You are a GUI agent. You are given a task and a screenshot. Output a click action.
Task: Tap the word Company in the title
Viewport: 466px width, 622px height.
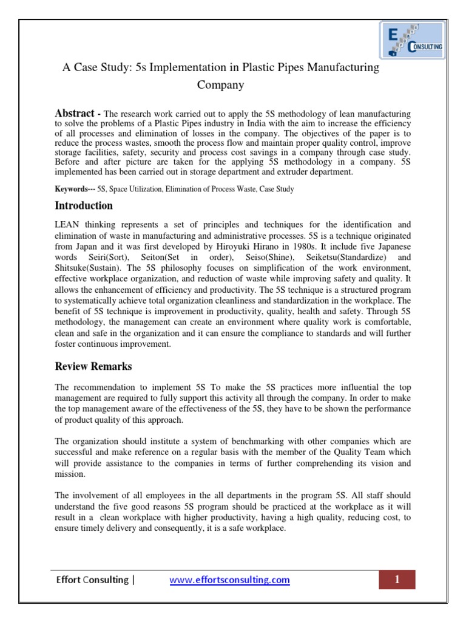pos(221,85)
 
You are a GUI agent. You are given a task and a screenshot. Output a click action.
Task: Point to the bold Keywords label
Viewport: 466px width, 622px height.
pos(72,190)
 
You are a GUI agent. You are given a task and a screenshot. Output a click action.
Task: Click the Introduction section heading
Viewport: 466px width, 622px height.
pos(84,206)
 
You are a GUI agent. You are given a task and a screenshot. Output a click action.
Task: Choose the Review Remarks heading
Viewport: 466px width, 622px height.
pos(93,366)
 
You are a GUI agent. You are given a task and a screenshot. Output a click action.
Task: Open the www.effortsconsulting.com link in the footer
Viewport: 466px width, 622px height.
pos(229,580)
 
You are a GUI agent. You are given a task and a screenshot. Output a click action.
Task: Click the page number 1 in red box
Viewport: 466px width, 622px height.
pos(397,579)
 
